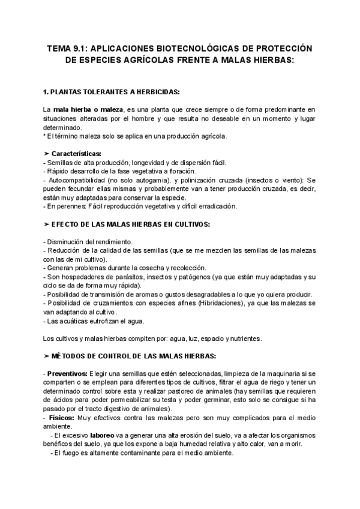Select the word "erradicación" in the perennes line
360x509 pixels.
[x=215, y=206]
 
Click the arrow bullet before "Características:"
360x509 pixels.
[x=47, y=154]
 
